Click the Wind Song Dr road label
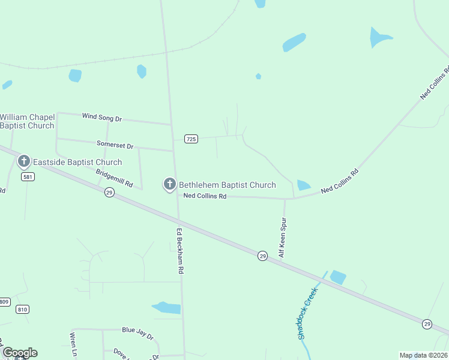pos(102,118)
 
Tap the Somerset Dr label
pos(115,145)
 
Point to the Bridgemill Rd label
pos(114,178)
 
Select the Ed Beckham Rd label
pos(179,251)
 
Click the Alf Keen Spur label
pos(282,238)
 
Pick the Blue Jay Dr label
pos(137,330)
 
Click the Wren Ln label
pos(73,345)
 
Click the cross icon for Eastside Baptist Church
pos(24,161)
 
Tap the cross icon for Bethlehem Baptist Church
pos(170,185)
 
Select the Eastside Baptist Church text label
pos(77,162)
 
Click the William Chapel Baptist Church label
pos(28,121)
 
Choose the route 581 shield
pos(27,177)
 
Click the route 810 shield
pos(23,309)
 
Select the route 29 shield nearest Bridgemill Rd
pos(109,192)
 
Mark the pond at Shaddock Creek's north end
pos(338,277)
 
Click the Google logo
pos(20,353)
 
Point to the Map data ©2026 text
pos(423,355)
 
